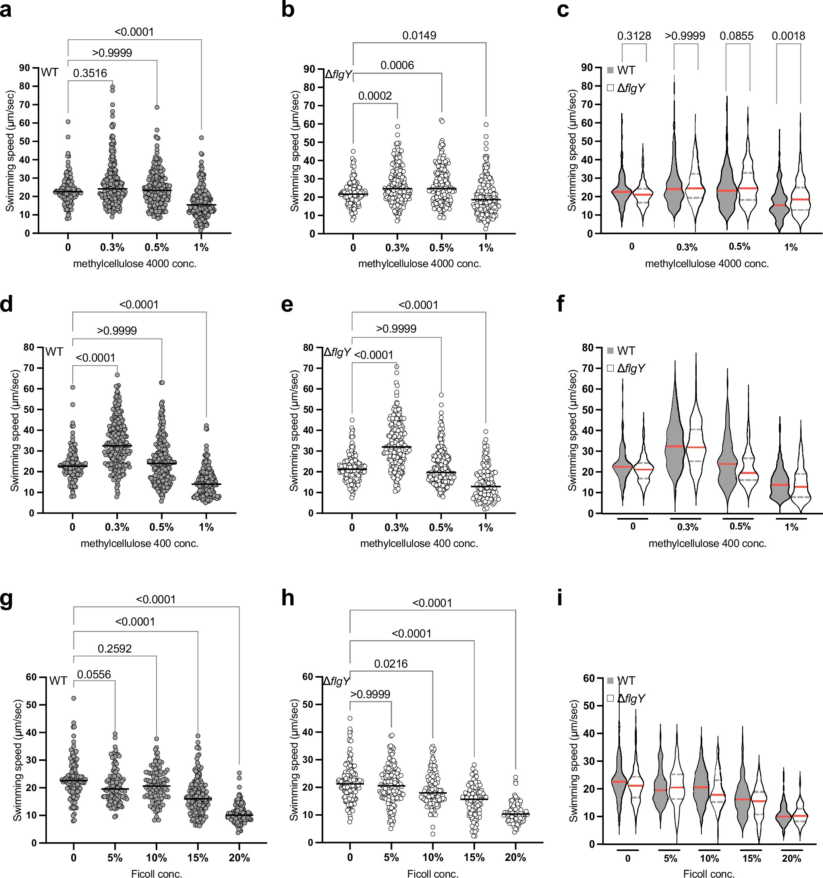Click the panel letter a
tap(6, 10)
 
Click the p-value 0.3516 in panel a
tap(90, 73)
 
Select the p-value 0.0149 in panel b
tap(419, 35)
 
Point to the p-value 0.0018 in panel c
tap(788, 36)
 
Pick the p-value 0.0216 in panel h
tap(391, 664)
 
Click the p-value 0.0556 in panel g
tap(94, 674)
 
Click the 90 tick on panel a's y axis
tap(25, 68)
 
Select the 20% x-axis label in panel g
tap(239, 858)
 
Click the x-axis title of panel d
tap(139, 544)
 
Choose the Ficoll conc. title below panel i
tap(709, 873)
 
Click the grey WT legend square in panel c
tap(610, 70)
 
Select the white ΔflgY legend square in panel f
tap(610, 368)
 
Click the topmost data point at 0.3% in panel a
tap(113, 87)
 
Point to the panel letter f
tap(560, 304)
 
